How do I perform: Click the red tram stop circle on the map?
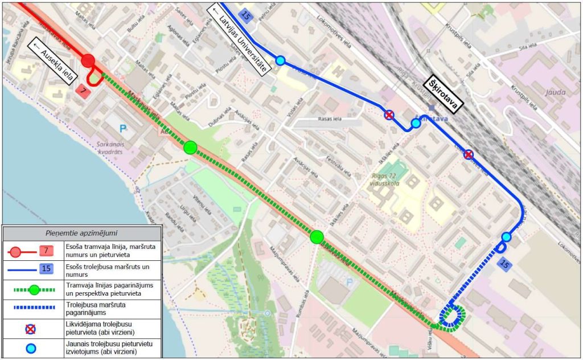point(88,61)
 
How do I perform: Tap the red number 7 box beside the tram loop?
point(83,91)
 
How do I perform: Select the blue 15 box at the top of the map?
point(246,16)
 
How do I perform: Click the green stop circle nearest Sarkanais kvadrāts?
point(190,148)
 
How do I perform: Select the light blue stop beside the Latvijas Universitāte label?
point(280,60)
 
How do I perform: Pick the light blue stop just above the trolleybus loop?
point(506,237)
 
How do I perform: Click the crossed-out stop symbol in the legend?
point(31,329)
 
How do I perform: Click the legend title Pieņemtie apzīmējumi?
point(81,233)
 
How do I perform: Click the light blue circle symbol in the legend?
point(31,349)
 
